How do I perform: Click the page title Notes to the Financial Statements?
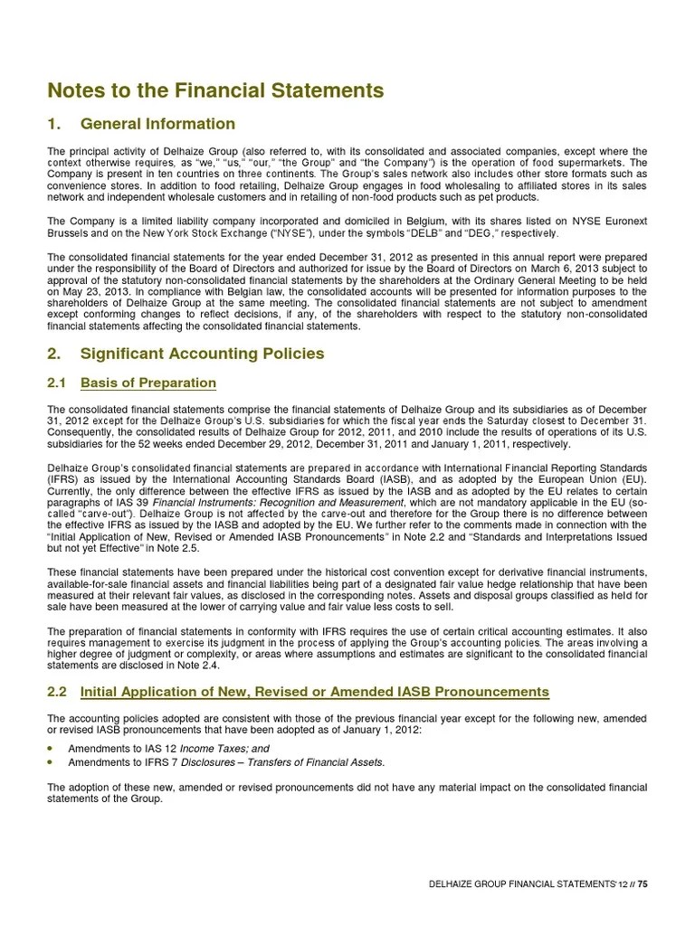214,90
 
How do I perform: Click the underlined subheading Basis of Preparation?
148,383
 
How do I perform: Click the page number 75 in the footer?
643,884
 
